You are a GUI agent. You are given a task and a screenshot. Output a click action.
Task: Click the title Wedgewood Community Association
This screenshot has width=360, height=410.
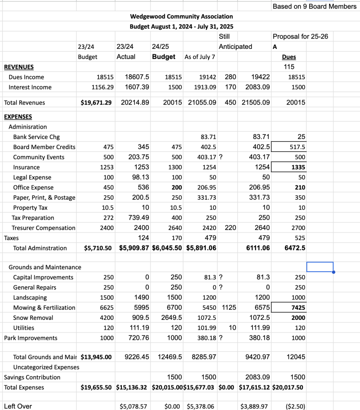coord(181,16)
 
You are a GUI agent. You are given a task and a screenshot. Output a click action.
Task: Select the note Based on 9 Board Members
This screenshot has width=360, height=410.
coord(314,6)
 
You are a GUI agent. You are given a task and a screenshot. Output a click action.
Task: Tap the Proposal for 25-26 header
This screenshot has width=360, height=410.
coord(300,36)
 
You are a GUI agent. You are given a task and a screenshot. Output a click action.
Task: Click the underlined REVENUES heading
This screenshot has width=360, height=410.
coord(19,67)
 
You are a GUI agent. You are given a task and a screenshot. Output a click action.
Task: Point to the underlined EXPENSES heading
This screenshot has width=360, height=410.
coord(18,117)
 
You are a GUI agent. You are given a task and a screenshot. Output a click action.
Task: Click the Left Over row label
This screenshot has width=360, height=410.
coord(18,406)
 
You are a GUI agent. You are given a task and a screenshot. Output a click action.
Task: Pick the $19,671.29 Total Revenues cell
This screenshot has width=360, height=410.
coord(96,103)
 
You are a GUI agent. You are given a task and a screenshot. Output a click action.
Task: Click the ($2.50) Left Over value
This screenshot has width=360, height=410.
coord(295,406)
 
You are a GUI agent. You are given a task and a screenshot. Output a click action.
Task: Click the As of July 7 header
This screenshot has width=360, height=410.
coord(200,57)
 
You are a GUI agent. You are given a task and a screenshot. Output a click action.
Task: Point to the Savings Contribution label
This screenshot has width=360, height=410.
coord(32,377)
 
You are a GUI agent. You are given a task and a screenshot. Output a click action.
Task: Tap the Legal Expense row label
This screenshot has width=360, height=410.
coord(32,177)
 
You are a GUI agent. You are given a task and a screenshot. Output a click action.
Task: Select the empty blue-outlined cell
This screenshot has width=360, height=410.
coord(320,267)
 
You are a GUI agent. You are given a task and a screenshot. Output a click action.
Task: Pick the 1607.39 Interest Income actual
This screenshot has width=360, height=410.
coord(137,87)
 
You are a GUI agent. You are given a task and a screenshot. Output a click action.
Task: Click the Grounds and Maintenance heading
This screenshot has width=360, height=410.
coord(45,267)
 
